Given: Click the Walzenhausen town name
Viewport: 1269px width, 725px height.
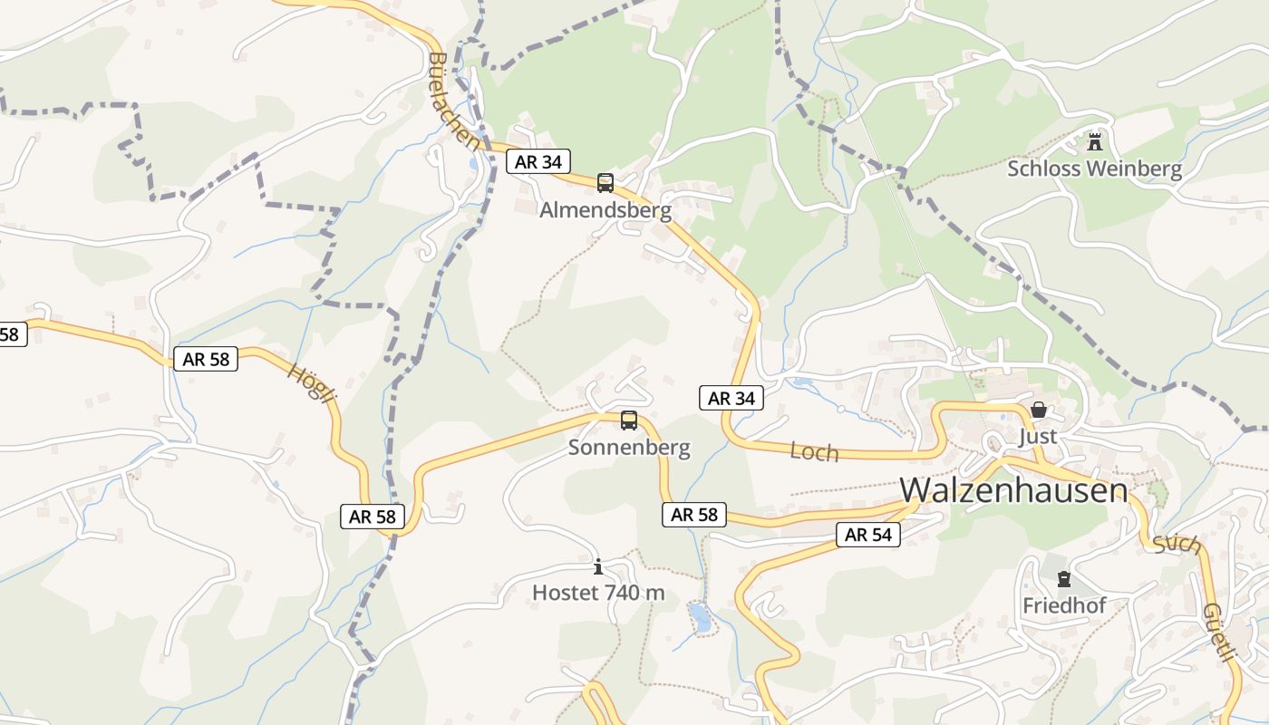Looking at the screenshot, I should [1013, 490].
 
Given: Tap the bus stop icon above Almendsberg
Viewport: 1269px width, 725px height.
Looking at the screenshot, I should [605, 183].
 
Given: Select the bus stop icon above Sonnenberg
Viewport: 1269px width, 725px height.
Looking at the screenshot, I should [629, 420].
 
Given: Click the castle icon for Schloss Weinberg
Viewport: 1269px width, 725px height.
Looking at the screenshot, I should [1095, 142].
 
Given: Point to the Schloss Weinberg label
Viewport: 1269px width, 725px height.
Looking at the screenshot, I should [1095, 169].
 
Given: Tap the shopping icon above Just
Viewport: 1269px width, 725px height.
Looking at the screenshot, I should [1039, 411].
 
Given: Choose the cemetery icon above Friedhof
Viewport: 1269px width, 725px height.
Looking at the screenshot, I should [1064, 579].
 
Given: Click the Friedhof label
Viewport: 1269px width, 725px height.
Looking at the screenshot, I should [1064, 605].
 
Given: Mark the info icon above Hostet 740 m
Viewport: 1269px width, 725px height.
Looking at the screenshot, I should [598, 567].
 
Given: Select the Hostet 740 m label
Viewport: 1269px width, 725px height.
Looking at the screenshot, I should [598, 593].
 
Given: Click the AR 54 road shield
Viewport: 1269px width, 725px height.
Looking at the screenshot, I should [868, 535].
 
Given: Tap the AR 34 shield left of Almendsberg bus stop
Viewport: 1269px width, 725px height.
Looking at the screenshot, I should [538, 162].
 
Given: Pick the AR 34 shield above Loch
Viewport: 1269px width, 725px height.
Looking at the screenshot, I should [731, 398].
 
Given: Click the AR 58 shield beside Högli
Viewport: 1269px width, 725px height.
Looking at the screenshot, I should [206, 359].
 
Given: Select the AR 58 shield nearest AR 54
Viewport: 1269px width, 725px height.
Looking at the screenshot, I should [694, 515].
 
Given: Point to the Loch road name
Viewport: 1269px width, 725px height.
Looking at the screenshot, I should [814, 451].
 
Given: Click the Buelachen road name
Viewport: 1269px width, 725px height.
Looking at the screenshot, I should [451, 101].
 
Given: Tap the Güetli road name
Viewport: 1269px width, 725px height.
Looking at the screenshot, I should [1219, 633].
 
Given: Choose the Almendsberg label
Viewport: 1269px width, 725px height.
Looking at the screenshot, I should [605, 210].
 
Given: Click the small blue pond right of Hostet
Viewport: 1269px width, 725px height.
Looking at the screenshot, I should [700, 617].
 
